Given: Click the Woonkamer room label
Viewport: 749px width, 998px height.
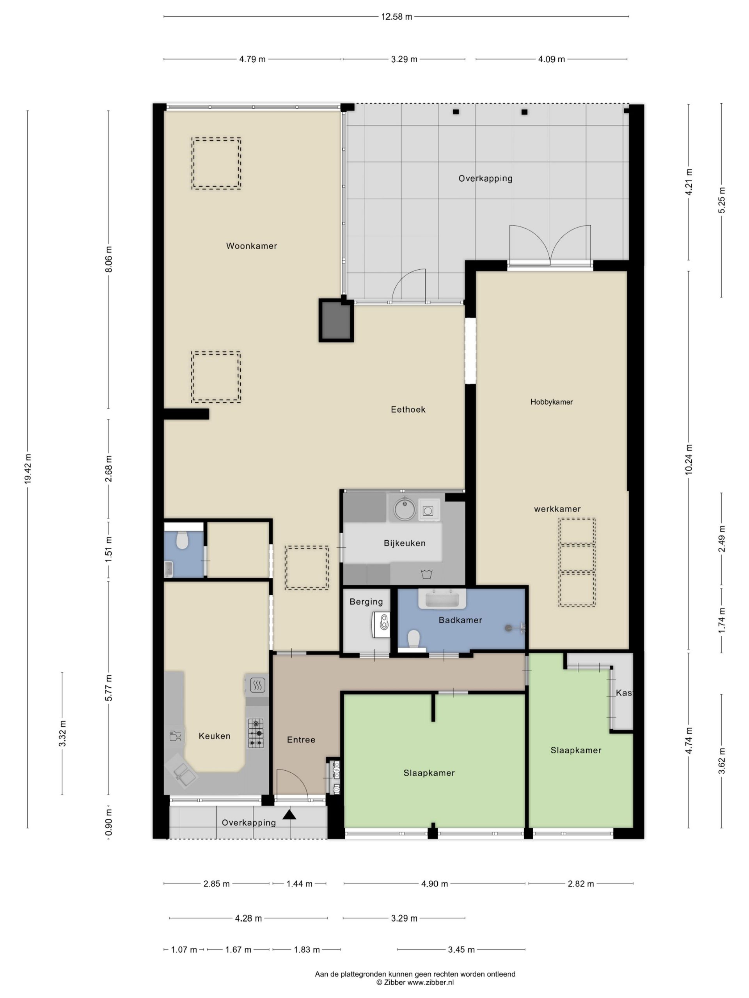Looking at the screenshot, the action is pos(252,246).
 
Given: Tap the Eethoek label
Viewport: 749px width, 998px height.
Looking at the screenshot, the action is pos(408,409).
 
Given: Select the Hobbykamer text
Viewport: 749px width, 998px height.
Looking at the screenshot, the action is pos(551,402).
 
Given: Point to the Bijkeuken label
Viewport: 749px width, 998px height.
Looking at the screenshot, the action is pos(405,543).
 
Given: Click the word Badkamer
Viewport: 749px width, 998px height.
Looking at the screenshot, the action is pos(460,620).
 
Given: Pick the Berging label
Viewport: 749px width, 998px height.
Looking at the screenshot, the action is pos(366,602).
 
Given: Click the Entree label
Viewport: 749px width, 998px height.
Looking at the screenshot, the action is pos(301,740).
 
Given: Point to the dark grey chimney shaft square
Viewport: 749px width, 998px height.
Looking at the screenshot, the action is pos(336,320).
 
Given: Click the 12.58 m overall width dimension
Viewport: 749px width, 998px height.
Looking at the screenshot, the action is pos(396,17).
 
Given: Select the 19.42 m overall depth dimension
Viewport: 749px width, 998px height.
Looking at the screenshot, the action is pos(28,469).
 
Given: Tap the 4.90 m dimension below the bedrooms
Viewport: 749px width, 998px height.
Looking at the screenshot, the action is pos(434,884).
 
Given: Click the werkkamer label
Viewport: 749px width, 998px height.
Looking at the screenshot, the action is pos(557,509).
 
